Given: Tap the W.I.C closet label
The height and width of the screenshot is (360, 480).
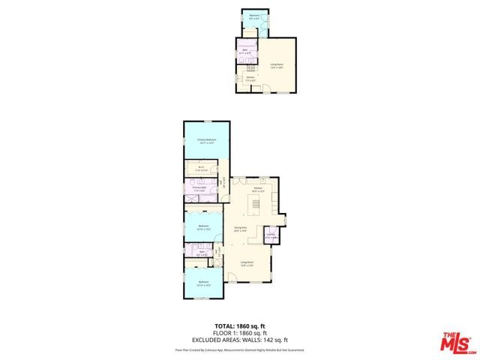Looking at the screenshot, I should click(202, 169).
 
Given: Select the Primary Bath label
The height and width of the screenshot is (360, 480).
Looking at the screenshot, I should click(199, 189).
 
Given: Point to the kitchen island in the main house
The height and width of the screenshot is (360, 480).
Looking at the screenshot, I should click(256, 204).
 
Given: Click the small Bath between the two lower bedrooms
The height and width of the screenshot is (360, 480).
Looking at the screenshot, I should click(202, 253).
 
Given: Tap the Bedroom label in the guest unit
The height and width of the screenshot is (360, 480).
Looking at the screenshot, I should click(254, 18).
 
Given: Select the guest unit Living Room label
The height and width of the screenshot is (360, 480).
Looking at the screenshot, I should click(277, 65).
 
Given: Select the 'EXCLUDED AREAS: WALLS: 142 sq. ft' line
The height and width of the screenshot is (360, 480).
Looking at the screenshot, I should click(240, 340).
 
